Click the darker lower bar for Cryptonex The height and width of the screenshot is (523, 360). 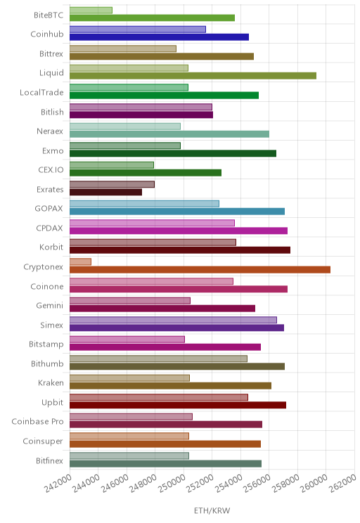pyautogui.click(x=200, y=269)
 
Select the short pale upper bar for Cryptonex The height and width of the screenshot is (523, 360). pyautogui.click(x=80, y=261)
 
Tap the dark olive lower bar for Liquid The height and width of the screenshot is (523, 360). pyautogui.click(x=193, y=76)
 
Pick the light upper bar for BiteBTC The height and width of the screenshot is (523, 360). pyautogui.click(x=91, y=11)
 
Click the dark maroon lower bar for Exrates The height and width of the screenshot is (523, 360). pyautogui.click(x=105, y=192)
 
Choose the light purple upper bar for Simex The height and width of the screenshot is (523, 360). pyautogui.click(x=173, y=320)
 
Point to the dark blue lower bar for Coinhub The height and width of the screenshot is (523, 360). pyautogui.click(x=159, y=37)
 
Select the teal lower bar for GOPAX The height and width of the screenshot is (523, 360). pyautogui.click(x=177, y=212)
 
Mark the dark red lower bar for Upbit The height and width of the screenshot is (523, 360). pyautogui.click(x=178, y=405)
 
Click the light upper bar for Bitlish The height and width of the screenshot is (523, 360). pyautogui.click(x=141, y=107)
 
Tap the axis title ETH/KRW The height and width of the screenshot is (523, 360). pyautogui.click(x=212, y=510)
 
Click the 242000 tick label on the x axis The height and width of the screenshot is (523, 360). pyautogui.click(x=58, y=483)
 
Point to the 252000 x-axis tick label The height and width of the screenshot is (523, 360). pyautogui.click(x=200, y=483)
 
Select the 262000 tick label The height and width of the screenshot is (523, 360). pyautogui.click(x=342, y=483)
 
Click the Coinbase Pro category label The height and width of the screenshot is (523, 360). pyautogui.click(x=37, y=422)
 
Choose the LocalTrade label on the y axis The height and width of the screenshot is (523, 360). pyautogui.click(x=41, y=92)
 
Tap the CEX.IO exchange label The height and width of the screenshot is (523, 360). pyautogui.click(x=51, y=170)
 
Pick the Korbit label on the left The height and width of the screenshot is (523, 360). pyautogui.click(x=51, y=247)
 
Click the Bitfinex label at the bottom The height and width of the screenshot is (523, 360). pyautogui.click(x=50, y=460)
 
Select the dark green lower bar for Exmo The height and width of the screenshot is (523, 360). pyautogui.click(x=173, y=153)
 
